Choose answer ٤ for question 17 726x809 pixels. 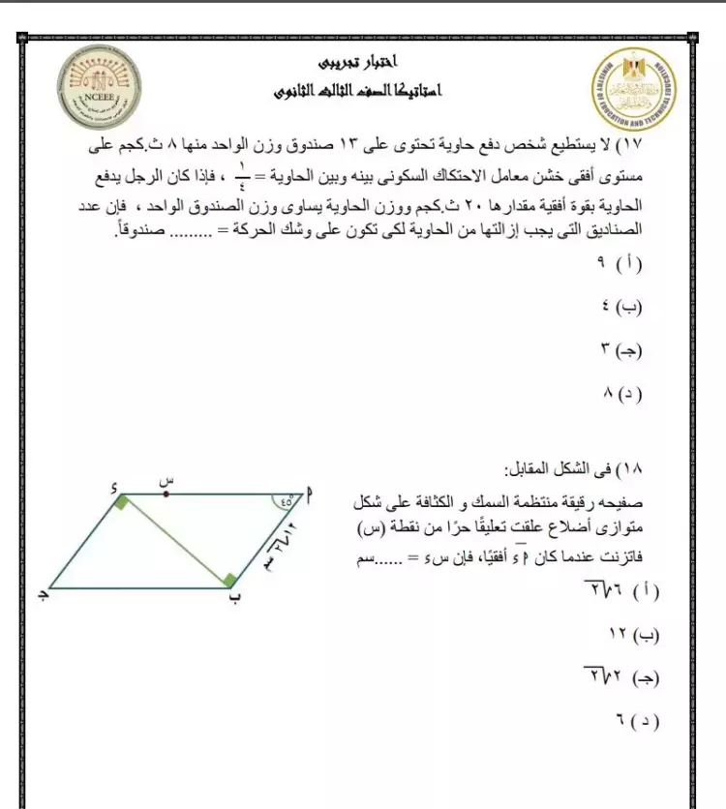pyautogui.click(x=624, y=307)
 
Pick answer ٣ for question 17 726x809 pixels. pyautogui.click(x=624, y=349)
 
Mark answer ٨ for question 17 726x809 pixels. pyautogui.click(x=624, y=394)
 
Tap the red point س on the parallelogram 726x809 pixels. pyautogui.click(x=166, y=494)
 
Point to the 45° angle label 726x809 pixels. pyautogui.click(x=285, y=501)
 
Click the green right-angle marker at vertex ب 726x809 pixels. pyautogui.click(x=228, y=579)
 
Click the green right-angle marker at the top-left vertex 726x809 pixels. pyautogui.click(x=120, y=501)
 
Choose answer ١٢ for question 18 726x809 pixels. pyautogui.click(x=633, y=635)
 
